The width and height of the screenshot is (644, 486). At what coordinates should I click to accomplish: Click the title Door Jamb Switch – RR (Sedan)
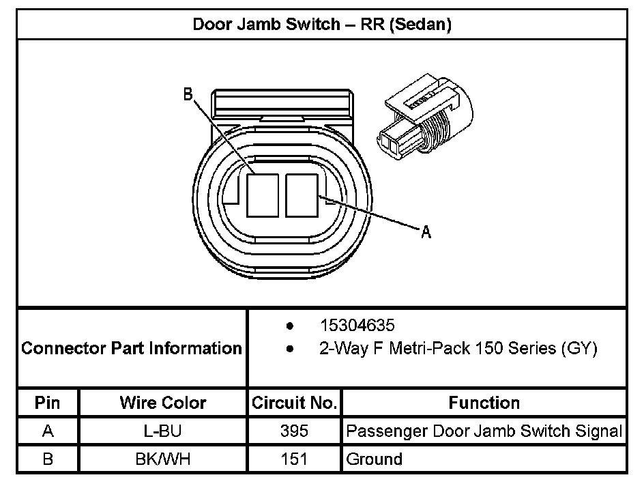click(x=322, y=25)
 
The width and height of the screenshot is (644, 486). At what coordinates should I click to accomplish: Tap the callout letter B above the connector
click(x=188, y=96)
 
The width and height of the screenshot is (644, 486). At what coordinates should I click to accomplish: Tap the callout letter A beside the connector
click(x=426, y=233)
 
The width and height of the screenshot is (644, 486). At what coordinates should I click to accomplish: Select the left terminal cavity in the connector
click(x=262, y=195)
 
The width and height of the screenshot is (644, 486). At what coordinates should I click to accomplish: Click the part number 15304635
click(x=357, y=326)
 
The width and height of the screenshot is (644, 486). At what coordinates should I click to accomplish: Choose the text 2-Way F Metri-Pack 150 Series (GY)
click(x=458, y=349)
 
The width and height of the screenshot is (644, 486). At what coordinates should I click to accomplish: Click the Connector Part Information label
click(x=132, y=349)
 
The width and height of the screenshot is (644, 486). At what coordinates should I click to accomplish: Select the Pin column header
click(x=48, y=403)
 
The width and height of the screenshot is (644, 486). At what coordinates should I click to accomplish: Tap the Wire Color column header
click(x=163, y=403)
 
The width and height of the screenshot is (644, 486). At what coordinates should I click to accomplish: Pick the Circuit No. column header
click(x=294, y=403)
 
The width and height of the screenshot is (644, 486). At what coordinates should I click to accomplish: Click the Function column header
click(x=484, y=403)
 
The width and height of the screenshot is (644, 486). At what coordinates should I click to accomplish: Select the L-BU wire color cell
click(x=163, y=431)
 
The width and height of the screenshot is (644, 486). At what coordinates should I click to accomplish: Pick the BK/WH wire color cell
click(x=163, y=459)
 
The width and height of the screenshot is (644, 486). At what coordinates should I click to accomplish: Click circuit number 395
click(x=294, y=431)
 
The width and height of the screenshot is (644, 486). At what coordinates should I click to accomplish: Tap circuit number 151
click(x=294, y=459)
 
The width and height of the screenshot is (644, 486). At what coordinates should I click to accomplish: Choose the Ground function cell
click(x=374, y=459)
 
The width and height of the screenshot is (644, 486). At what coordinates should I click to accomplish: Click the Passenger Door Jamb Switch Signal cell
click(x=484, y=431)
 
